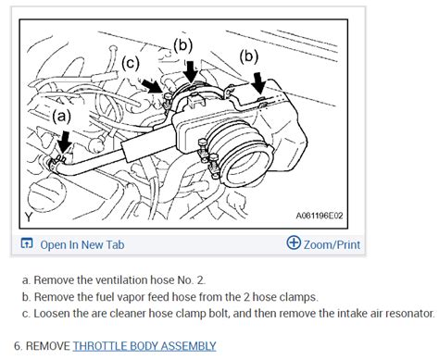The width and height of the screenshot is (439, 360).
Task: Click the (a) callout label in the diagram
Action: click(62, 118)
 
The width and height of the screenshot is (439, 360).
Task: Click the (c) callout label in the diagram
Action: click(132, 62)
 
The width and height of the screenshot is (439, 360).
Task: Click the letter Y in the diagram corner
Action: click(28, 217)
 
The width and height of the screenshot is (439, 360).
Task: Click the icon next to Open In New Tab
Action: click(28, 245)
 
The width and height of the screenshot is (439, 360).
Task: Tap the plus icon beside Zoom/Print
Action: click(294, 244)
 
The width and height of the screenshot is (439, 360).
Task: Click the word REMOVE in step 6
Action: click(44, 346)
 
